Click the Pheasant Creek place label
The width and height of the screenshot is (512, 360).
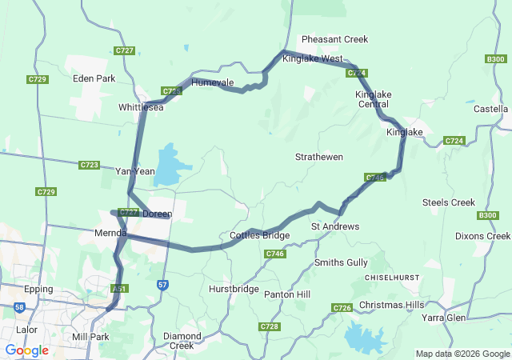[334, 39]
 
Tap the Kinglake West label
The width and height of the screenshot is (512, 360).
[313, 59]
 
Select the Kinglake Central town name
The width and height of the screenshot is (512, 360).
[373, 99]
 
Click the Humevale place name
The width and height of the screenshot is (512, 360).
[212, 82]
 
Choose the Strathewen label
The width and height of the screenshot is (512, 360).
[318, 157]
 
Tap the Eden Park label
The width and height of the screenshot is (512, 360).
[94, 78]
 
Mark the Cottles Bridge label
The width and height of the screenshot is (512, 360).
[259, 235]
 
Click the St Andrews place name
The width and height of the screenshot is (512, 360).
[334, 226]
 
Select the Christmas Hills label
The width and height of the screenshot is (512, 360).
[391, 305]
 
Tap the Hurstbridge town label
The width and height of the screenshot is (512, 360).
[234, 288]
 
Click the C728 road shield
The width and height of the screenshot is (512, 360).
[269, 326]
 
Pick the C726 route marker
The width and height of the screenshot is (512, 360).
[342, 308]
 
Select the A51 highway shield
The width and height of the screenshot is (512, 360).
[119, 288]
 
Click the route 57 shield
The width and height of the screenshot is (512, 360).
[163, 284]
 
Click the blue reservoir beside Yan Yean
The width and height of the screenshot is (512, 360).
[170, 166]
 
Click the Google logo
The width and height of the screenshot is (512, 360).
[26, 350]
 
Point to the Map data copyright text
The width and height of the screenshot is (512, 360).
[462, 354]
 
